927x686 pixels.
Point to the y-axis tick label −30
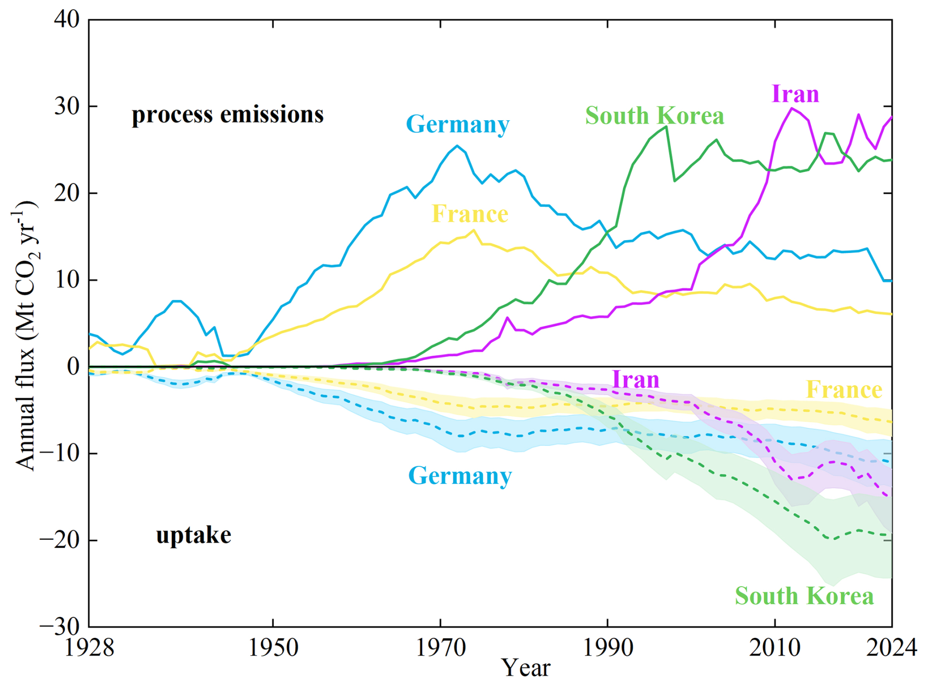tap(59, 626)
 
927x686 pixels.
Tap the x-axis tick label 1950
tap(273, 647)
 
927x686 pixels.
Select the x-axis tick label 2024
tap(891, 647)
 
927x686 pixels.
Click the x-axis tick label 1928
tap(89, 647)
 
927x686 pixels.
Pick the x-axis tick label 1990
tap(608, 647)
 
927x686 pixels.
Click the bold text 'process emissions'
tap(228, 115)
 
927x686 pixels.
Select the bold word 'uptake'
tap(194, 535)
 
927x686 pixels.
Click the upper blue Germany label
tap(458, 124)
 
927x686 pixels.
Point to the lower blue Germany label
tap(460, 476)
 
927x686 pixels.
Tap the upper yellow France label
tap(470, 214)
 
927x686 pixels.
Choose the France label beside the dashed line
tap(844, 390)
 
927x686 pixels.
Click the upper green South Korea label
tap(655, 116)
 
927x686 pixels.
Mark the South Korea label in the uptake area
tap(804, 596)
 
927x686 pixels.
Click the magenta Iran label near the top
tap(795, 94)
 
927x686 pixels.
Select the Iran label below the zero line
tap(636, 380)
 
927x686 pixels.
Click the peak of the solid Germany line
tap(457, 146)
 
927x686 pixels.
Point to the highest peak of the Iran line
tap(791, 108)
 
